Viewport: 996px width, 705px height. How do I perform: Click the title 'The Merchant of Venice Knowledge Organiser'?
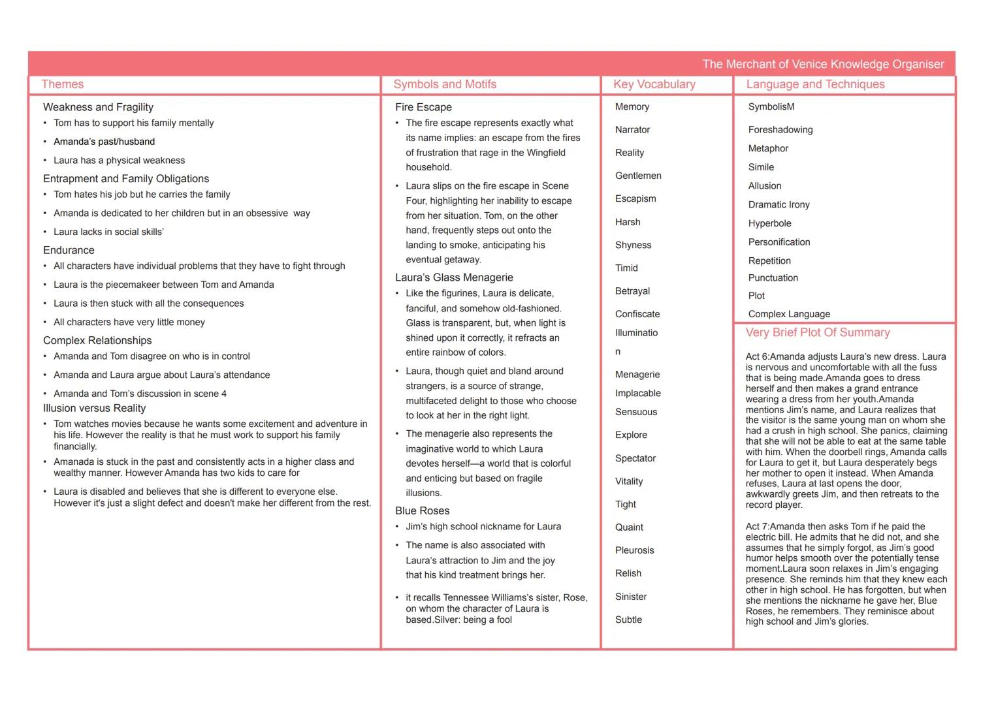tap(823, 64)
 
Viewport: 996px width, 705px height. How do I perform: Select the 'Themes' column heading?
tap(63, 84)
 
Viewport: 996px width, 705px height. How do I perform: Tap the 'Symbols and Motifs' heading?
tap(445, 84)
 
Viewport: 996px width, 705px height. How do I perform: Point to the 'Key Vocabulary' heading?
tap(654, 84)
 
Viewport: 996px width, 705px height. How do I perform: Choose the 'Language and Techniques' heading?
tap(815, 84)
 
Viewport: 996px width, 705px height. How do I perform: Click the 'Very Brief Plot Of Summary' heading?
tap(818, 332)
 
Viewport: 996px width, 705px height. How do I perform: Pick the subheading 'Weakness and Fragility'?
tap(98, 107)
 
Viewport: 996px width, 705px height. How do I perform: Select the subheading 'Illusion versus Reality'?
tap(94, 408)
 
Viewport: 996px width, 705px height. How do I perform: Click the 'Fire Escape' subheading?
tap(423, 107)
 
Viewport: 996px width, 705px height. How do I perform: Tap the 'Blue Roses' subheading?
tap(422, 510)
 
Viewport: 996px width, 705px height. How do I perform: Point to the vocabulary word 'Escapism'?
tap(635, 198)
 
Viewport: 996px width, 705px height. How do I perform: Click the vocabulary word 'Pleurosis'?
tap(634, 550)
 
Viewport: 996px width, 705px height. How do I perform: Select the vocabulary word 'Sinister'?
tap(631, 597)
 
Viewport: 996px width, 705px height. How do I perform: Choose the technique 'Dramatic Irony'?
tap(779, 204)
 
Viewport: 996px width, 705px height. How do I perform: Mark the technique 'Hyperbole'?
tap(769, 223)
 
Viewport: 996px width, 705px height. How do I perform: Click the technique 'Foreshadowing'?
tap(780, 130)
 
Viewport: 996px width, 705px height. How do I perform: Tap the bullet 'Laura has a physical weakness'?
tap(119, 161)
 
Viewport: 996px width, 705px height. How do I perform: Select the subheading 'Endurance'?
tap(69, 250)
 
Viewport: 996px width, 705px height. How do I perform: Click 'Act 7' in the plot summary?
tap(758, 527)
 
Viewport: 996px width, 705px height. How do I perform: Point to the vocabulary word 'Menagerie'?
tap(637, 375)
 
